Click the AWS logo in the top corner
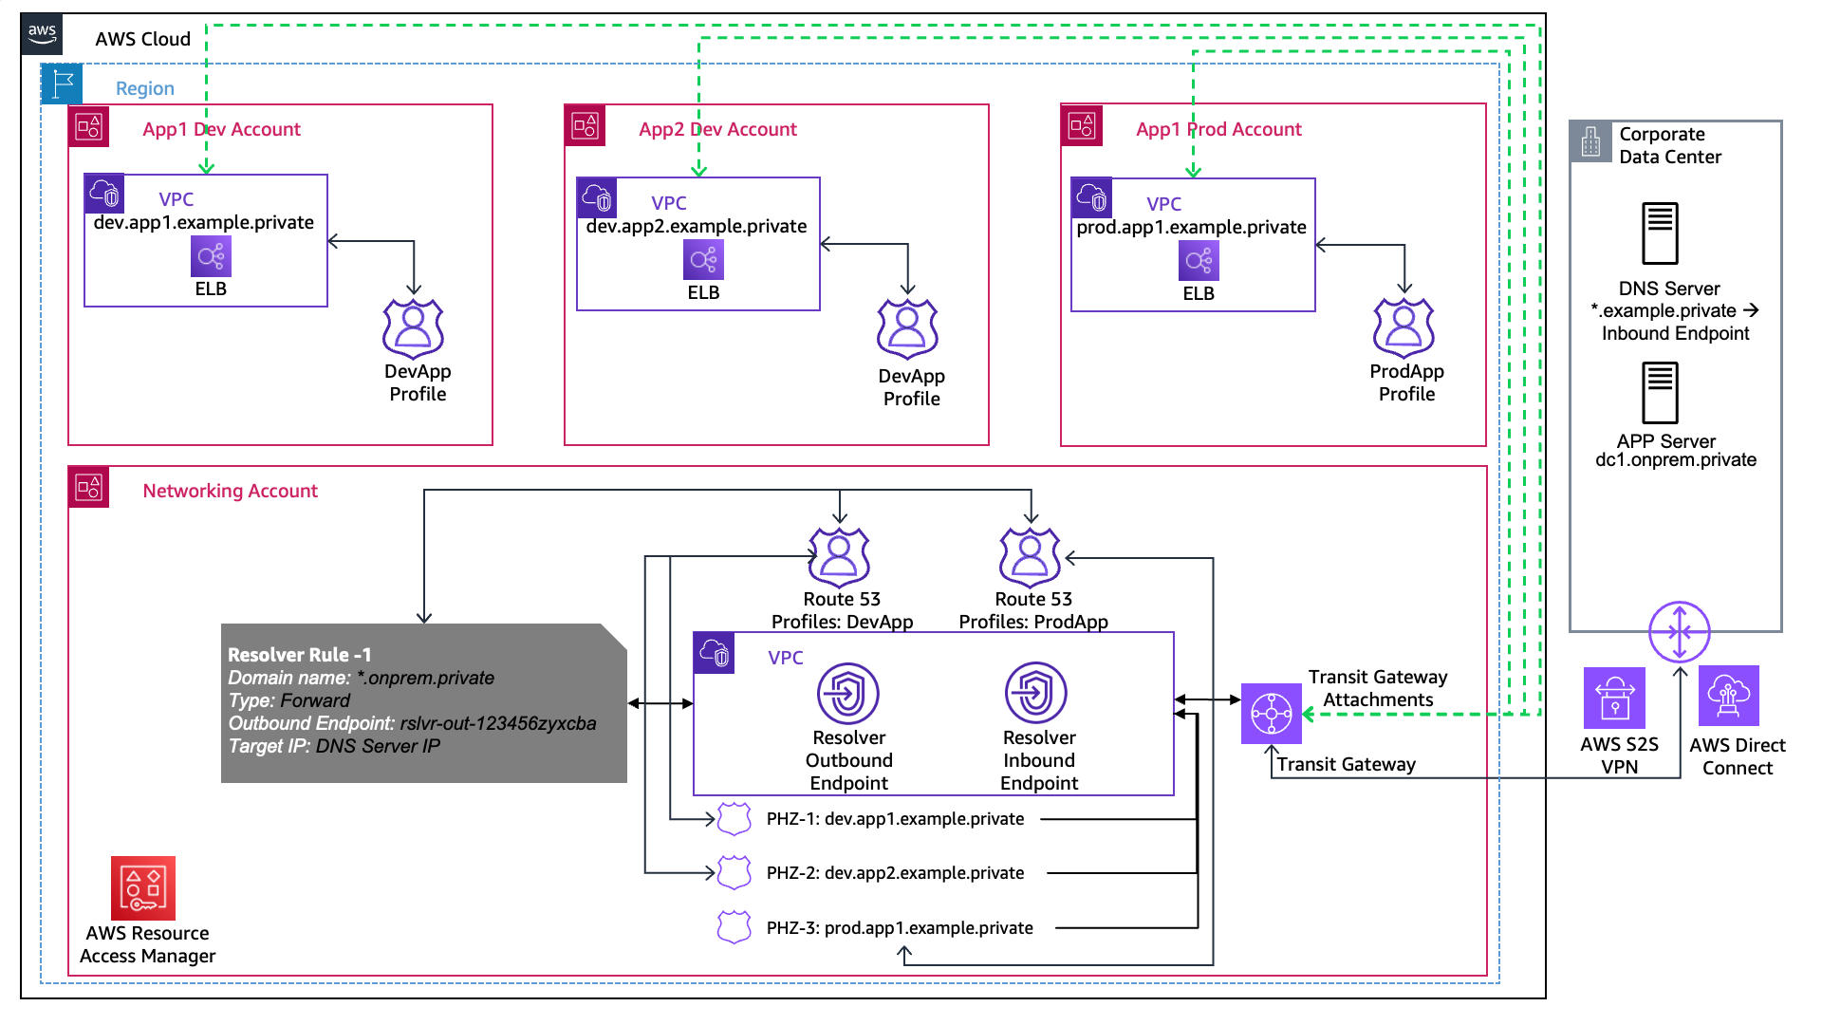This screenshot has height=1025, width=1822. click(42, 34)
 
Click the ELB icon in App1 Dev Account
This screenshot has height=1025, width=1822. click(211, 256)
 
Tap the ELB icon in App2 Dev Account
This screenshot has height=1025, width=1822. click(703, 260)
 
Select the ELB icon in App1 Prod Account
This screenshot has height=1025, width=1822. click(1199, 261)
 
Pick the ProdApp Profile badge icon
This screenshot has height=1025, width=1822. click(1404, 328)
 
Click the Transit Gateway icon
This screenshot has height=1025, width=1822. click(1271, 714)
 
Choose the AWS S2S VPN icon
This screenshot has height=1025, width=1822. click(1614, 698)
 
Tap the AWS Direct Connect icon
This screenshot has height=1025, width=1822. click(1728, 696)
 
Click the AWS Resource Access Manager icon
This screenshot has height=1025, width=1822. click(143, 888)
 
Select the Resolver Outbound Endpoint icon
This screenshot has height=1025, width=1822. click(847, 694)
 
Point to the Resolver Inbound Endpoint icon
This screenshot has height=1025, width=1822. click(1035, 693)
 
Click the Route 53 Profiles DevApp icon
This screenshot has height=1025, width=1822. click(839, 557)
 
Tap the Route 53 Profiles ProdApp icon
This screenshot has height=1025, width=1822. click(1030, 557)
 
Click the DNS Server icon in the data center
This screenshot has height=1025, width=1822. click(1660, 233)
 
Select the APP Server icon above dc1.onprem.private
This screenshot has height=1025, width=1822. click(1660, 393)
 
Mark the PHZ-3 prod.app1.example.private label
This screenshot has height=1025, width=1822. click(899, 928)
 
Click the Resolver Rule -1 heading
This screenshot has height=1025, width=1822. click(299, 655)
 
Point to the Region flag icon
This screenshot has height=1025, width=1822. click(63, 84)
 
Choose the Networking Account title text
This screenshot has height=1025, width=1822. click(230, 491)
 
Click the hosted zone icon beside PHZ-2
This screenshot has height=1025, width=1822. click(734, 872)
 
